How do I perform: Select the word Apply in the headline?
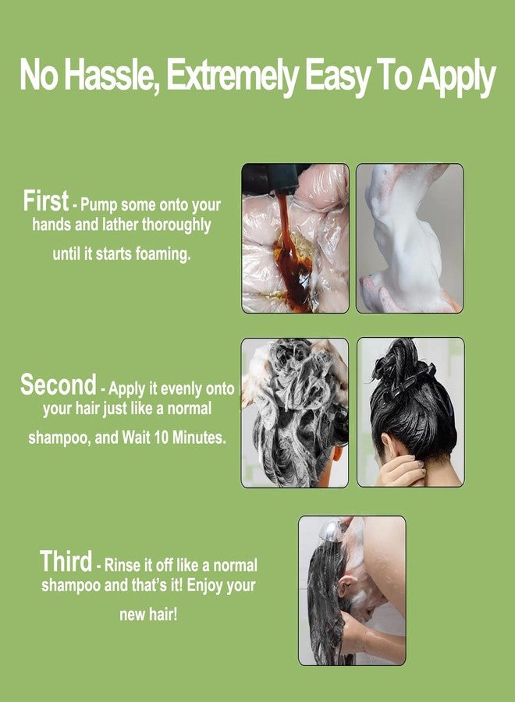tap(456, 77)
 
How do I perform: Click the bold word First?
tap(46, 200)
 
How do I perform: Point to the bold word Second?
tap(59, 385)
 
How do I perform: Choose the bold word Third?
tap(66, 562)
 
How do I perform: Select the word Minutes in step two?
tap(199, 437)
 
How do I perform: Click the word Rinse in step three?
tap(122, 565)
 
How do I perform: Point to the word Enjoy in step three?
tap(205, 586)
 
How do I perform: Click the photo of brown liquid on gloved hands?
tap(295, 238)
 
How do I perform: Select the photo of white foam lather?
tap(410, 238)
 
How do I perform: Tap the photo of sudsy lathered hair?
tap(295, 413)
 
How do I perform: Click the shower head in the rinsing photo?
tap(332, 530)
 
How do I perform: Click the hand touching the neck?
tap(400, 471)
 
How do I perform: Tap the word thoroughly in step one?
tap(176, 225)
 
